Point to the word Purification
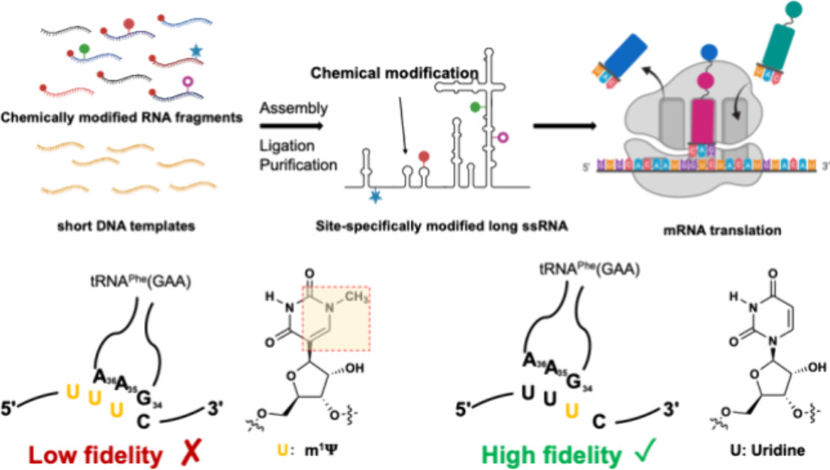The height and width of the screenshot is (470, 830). [x=296, y=164]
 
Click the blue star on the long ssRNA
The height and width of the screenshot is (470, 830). [x=374, y=196]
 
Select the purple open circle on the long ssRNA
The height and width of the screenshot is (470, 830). [x=504, y=136]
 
